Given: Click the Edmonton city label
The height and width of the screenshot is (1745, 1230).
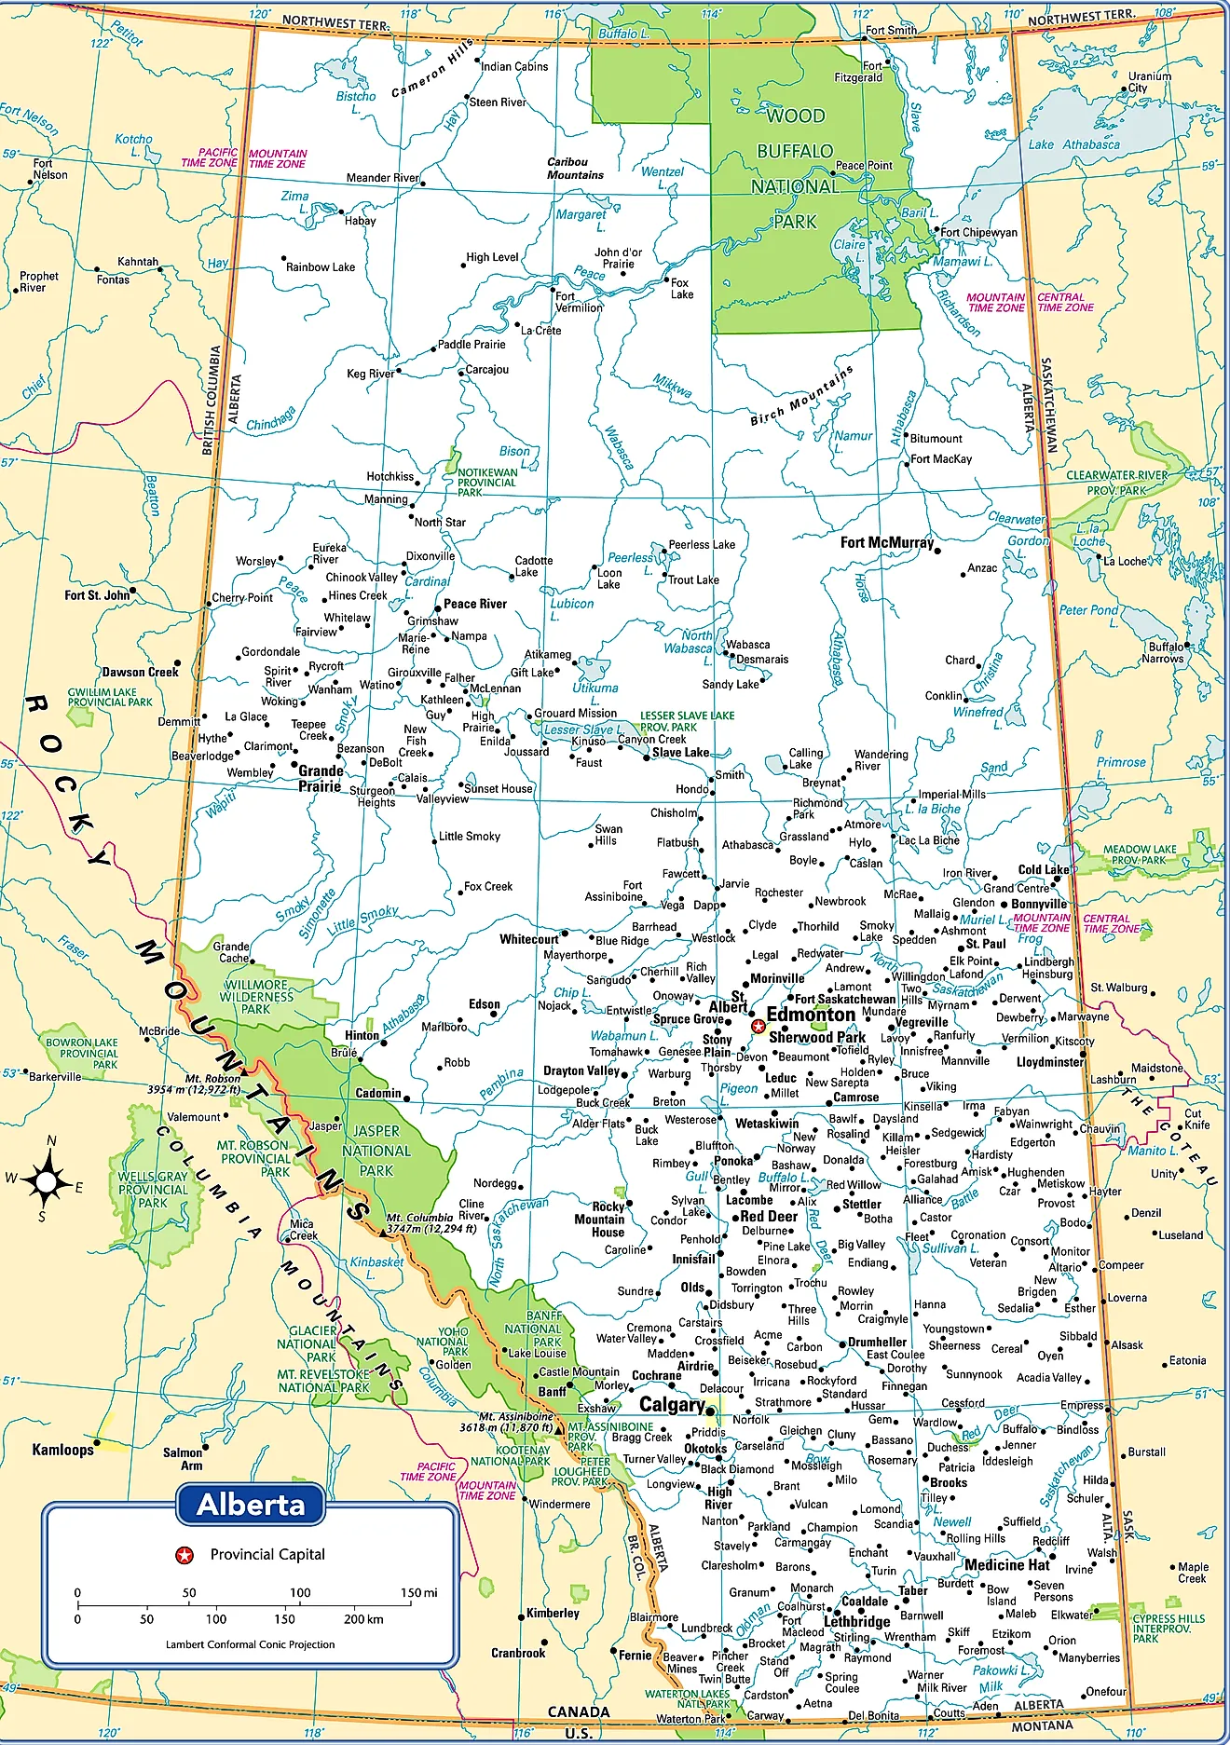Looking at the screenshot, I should [x=811, y=1015].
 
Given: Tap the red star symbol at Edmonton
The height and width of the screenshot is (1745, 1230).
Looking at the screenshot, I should [x=758, y=1026].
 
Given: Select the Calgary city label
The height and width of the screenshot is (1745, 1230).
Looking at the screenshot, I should [x=671, y=1404].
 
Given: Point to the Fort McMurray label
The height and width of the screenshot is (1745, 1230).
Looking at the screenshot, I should [x=886, y=542].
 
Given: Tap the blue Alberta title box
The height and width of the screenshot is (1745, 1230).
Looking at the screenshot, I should [x=251, y=1504].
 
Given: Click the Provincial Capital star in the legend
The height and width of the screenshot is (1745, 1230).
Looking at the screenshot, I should [x=184, y=1554].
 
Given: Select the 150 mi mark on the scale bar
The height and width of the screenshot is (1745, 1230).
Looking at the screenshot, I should [x=418, y=1592].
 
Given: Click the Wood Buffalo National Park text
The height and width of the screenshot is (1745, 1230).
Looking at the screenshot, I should [x=795, y=169].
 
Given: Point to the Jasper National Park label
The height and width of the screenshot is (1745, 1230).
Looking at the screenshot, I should [x=376, y=1151].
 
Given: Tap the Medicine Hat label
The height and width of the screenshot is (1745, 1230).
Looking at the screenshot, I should [x=1007, y=1564].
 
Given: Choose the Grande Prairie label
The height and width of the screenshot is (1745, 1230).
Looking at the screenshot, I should [x=321, y=778].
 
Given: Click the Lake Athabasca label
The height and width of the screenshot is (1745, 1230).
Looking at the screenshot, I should [x=1073, y=144].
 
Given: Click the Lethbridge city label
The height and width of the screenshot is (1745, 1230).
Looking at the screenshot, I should [x=857, y=1621].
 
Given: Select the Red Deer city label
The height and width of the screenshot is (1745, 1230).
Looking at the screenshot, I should [x=770, y=1216].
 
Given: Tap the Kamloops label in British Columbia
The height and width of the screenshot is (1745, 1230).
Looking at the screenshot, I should [x=62, y=1449].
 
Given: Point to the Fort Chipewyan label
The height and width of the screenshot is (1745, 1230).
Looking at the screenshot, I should [x=978, y=232].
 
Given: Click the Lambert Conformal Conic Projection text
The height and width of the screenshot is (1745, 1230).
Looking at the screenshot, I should [x=250, y=1644].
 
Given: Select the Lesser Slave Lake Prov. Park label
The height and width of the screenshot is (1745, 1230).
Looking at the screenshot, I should [x=686, y=721].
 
